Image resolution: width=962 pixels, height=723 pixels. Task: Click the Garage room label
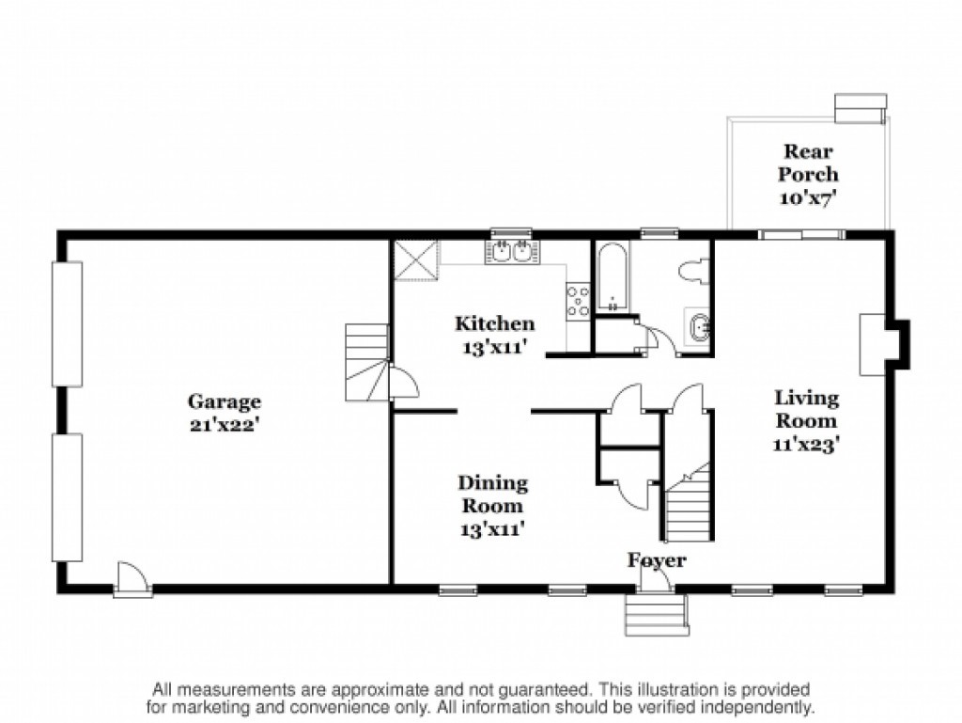coord(224,402)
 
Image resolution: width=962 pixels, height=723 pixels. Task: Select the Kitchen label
coord(494,323)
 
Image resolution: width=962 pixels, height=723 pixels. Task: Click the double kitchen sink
coord(513,252)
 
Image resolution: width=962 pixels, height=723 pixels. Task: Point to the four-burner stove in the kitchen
coord(578,300)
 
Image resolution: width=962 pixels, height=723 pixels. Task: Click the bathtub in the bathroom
coord(613,276)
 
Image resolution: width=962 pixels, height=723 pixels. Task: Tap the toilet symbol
coord(696,272)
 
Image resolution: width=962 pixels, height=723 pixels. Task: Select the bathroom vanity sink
coord(698,326)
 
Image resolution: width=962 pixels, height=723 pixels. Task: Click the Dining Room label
coord(492,495)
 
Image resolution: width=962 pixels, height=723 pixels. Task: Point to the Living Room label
coord(806,409)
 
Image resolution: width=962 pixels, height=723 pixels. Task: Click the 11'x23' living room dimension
coord(805,443)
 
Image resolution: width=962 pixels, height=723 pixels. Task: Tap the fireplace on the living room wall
coord(883,344)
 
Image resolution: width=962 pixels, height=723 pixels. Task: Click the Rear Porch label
coord(808,163)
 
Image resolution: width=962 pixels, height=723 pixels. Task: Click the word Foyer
coord(656,560)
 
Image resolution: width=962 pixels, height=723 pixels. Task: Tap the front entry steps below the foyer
coord(657,614)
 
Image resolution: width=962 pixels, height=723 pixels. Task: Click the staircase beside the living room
coord(690,502)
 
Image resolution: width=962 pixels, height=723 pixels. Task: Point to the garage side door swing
coord(132,578)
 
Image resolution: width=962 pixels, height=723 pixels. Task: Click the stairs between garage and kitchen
coord(367,362)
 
